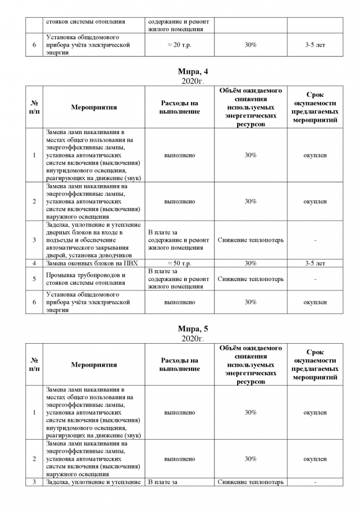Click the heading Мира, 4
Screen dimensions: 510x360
pos(193,72)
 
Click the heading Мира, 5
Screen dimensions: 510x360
pos(193,329)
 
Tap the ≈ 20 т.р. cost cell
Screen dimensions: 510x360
pos(179,45)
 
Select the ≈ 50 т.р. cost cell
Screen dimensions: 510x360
pos(179,263)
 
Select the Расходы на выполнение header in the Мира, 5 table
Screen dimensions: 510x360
pos(179,365)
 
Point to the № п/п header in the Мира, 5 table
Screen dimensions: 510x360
pos(34,365)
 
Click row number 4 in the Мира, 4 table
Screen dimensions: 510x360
pos(34,263)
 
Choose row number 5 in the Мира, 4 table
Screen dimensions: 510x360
pos(34,279)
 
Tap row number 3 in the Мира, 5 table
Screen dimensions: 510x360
pos(34,482)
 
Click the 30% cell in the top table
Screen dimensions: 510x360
pos(250,45)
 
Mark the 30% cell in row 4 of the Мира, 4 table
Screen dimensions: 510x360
pos(250,263)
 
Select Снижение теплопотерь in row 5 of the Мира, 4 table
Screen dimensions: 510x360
pos(250,279)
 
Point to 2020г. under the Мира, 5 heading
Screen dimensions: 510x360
pos(193,338)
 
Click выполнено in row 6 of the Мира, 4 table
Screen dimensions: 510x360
pos(179,303)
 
